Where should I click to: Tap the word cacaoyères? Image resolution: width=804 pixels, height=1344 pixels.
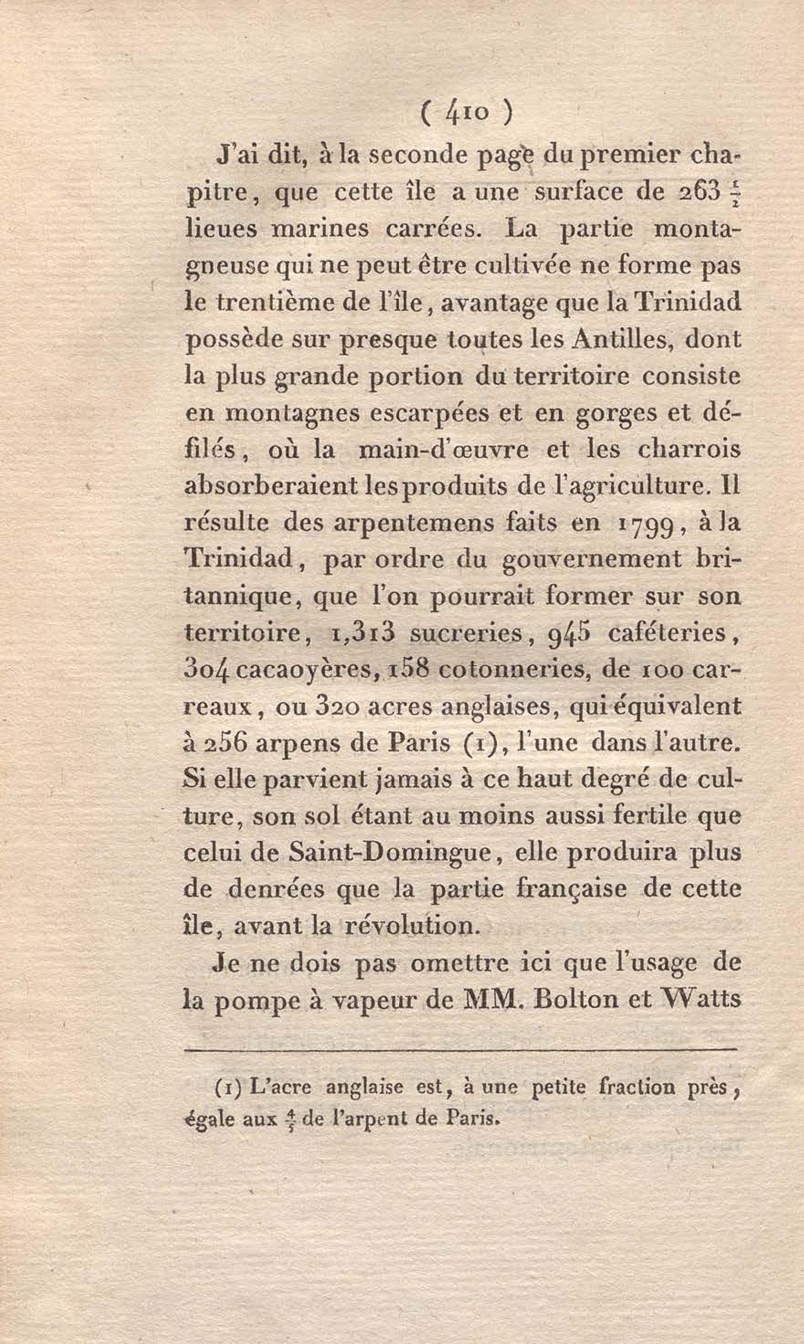click(307, 670)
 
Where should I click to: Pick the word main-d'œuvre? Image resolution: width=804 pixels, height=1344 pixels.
click(444, 451)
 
